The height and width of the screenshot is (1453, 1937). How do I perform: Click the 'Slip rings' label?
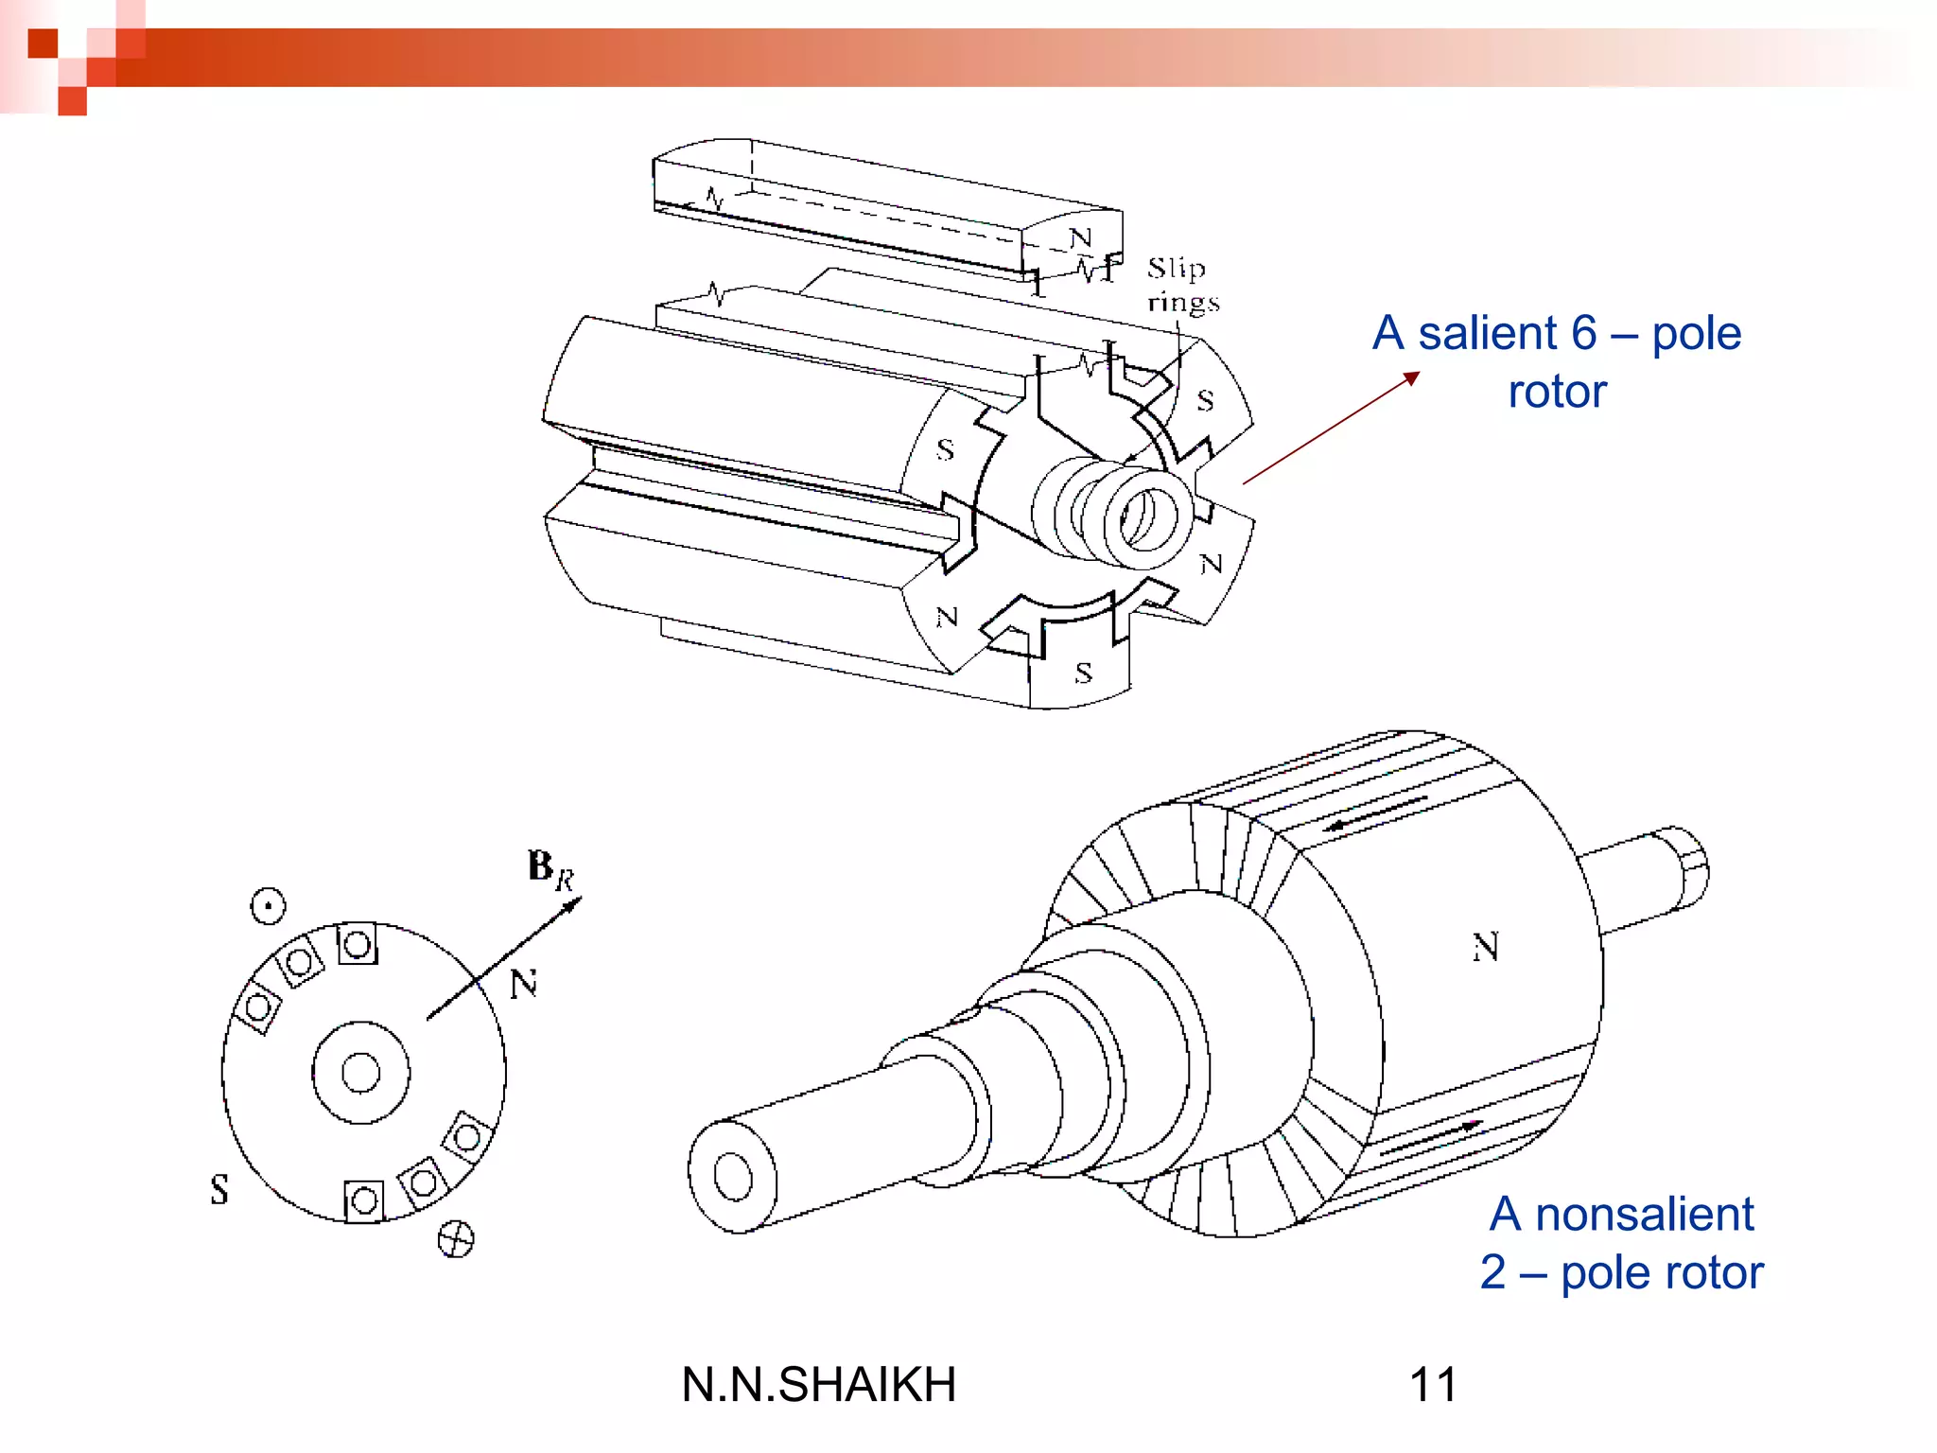pos(1181,284)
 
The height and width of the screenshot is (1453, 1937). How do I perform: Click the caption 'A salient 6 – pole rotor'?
pos(1557,361)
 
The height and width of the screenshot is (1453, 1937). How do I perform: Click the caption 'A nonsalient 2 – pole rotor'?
pos(1621,1242)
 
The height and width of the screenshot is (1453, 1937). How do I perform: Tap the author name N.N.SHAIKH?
pos(818,1384)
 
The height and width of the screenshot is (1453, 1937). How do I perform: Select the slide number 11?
pos(1433,1384)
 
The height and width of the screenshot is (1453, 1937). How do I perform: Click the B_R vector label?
pos(550,868)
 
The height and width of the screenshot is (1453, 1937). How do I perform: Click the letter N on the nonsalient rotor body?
pos(1485,947)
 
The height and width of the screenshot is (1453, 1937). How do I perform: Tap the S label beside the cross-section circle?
pos(219,1189)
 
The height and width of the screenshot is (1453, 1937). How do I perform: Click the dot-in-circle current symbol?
pos(268,906)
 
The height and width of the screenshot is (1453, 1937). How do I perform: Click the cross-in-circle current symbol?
pos(456,1238)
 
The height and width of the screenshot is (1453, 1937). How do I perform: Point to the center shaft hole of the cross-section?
pos(360,1073)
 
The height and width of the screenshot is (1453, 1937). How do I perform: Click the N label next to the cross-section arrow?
pos(523,985)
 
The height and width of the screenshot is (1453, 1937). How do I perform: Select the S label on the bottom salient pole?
pos(1084,674)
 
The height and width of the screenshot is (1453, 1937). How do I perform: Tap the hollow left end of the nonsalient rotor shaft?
pos(732,1178)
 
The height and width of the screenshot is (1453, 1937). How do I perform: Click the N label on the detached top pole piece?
pos(1080,237)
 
